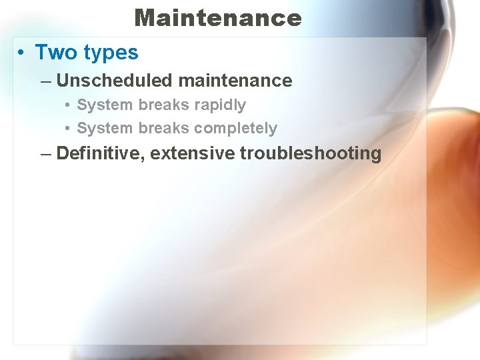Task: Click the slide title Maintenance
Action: point(218,17)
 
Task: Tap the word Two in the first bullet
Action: point(57,52)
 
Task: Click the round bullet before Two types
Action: point(23,53)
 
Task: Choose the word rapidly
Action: point(220,105)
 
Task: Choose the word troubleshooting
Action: point(311,154)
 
